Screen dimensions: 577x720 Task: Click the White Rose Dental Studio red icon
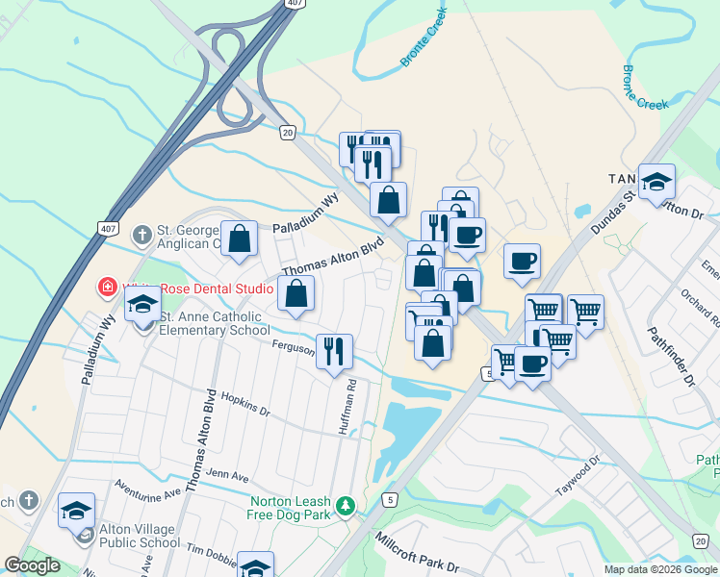click(x=109, y=287)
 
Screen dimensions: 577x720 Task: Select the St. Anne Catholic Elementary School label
click(x=214, y=324)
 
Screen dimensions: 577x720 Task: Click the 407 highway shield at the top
click(x=292, y=5)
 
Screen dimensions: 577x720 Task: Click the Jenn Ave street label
click(x=228, y=475)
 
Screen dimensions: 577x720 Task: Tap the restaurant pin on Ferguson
click(x=334, y=350)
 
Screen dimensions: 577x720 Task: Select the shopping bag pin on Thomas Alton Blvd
click(x=296, y=293)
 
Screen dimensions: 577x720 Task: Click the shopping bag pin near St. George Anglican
click(x=239, y=238)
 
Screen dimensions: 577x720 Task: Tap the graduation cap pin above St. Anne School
click(x=142, y=304)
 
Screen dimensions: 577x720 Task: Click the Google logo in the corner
click(x=32, y=565)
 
